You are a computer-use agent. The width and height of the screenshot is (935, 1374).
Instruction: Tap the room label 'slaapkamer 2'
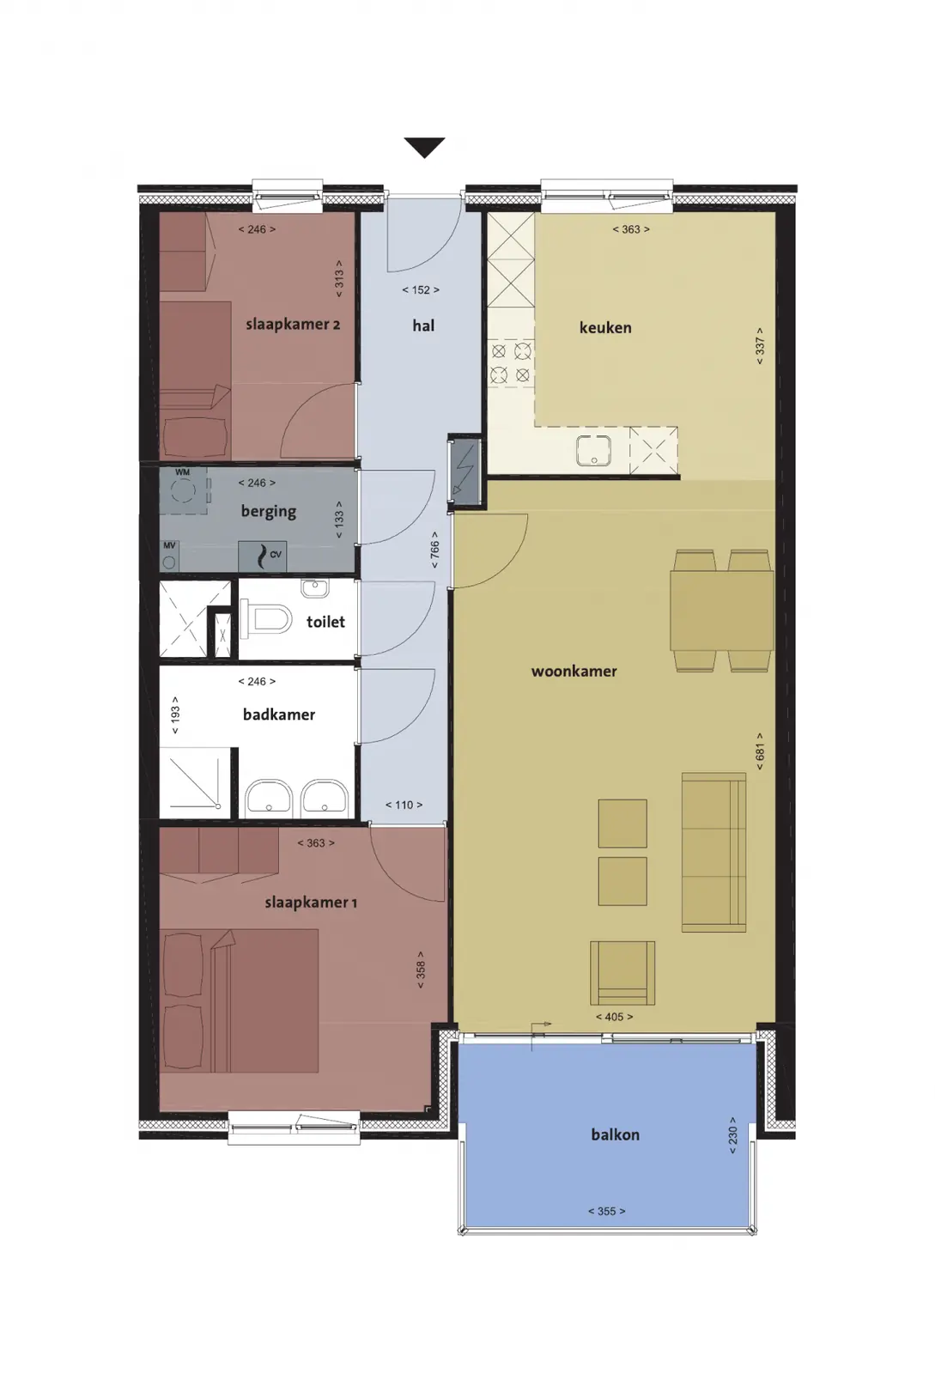pos(293,325)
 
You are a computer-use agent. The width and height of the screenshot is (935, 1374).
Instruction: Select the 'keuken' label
pos(605,327)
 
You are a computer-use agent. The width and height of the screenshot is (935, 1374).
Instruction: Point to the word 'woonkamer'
pos(574,671)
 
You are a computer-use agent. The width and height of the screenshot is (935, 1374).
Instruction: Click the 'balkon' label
pos(615,1134)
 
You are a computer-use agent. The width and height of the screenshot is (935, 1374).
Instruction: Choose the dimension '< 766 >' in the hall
pos(434,550)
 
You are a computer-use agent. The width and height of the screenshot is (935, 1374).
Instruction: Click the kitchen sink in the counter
pos(593,450)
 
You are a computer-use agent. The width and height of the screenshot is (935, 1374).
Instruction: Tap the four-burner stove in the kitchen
pos(511,363)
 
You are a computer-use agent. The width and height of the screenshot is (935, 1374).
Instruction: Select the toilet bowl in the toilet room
pos(266,619)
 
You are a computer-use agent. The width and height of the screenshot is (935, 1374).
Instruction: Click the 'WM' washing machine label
pos(182,472)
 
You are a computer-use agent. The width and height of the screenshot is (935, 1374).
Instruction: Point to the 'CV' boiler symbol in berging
pos(262,556)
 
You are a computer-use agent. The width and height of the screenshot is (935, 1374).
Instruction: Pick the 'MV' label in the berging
pos(169,545)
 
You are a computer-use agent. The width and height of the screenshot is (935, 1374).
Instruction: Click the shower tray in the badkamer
pos(195,782)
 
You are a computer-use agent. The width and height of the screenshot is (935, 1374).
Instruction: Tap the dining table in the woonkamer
pos(721,611)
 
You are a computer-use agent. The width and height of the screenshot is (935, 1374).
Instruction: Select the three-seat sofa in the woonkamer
pos(713,853)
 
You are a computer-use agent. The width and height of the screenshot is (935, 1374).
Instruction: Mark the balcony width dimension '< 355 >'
pos(606,1212)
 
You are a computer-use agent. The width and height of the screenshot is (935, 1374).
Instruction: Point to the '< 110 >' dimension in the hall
pos(404,805)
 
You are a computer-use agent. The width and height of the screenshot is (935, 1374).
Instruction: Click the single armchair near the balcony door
pos(622,973)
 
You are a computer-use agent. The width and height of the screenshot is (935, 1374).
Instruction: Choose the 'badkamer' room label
pos(279,714)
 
